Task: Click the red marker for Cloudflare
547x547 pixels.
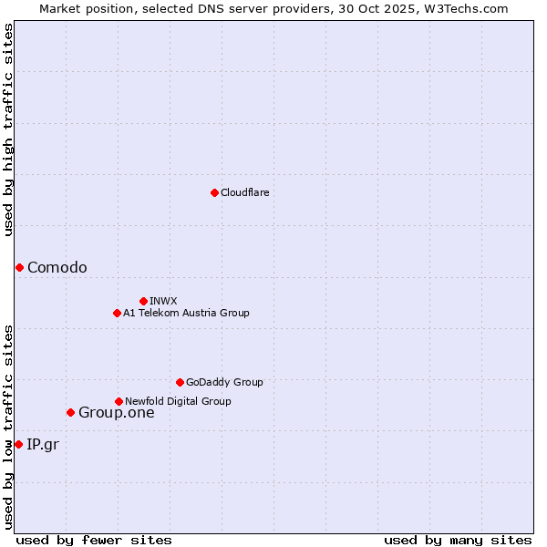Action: click(214, 192)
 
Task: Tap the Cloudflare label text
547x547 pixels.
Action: click(244, 193)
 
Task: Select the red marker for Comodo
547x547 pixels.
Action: click(19, 267)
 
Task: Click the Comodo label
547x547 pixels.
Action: click(57, 267)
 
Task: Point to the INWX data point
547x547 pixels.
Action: click(143, 301)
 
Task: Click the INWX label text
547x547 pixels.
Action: click(163, 301)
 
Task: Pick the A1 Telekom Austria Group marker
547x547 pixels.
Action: click(117, 313)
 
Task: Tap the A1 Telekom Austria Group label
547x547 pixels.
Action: click(186, 314)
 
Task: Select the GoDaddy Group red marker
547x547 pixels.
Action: click(180, 382)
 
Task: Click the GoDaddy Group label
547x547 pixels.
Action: click(224, 383)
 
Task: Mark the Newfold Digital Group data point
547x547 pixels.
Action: click(119, 401)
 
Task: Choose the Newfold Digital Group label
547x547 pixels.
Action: click(178, 401)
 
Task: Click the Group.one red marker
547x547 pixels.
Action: click(70, 412)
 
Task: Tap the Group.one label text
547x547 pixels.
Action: click(116, 413)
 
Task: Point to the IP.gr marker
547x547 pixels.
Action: click(18, 444)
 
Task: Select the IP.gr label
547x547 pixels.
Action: click(42, 445)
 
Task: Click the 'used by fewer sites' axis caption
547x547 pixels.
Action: click(94, 540)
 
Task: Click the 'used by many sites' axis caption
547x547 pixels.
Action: click(457, 540)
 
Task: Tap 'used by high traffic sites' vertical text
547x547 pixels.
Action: click(8, 129)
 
